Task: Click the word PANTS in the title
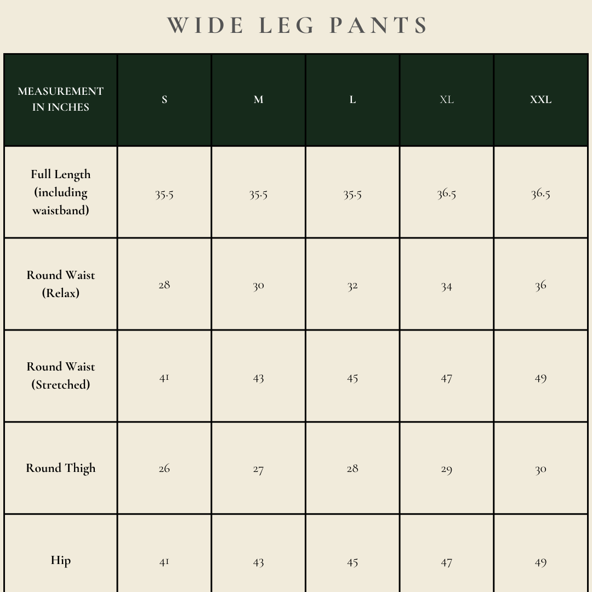(x=378, y=26)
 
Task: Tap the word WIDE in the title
(x=206, y=26)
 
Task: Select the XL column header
(x=447, y=100)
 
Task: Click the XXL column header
(x=540, y=100)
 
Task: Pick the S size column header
(x=164, y=100)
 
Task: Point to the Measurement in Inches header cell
(x=61, y=99)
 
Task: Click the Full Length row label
(x=61, y=192)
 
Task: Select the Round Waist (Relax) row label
(x=61, y=284)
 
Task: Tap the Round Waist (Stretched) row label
(x=61, y=375)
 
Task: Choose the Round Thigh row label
(x=61, y=468)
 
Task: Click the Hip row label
(x=61, y=560)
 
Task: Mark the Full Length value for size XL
(x=447, y=194)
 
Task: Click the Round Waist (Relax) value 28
(x=164, y=285)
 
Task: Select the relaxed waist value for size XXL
(x=540, y=286)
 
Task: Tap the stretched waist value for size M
(x=258, y=378)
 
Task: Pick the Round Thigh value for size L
(x=352, y=469)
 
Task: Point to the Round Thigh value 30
(x=540, y=470)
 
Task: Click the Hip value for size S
(x=164, y=562)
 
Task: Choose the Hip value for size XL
(x=447, y=562)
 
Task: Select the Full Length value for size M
(x=258, y=195)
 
